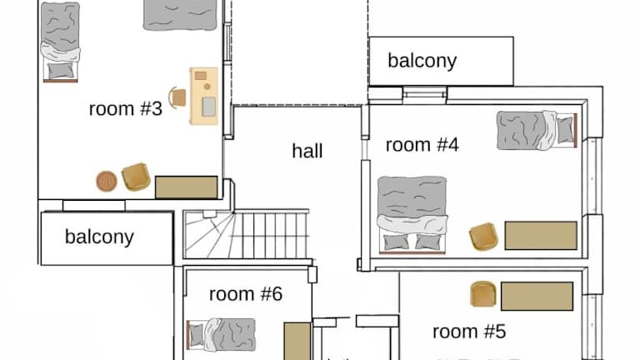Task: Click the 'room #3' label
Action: pos(125,108)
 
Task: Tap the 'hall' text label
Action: pos(307,151)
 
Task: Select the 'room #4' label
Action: pos(422,145)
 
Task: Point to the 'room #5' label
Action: pos(469,332)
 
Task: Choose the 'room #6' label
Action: pos(246,294)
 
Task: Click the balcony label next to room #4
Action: pos(422,61)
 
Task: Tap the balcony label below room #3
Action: pos(99,237)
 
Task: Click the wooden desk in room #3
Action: pos(204,96)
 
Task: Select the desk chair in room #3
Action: pos(177,97)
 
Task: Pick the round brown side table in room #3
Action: pos(107,181)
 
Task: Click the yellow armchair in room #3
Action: pos(136,177)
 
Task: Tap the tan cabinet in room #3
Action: pos(186,187)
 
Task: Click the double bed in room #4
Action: pos(412,215)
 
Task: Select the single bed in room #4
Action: pos(537,130)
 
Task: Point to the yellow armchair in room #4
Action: pos(483,236)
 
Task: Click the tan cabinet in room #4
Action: pos(541,236)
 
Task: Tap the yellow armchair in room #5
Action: pos(483,294)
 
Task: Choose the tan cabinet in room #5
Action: pos(537,296)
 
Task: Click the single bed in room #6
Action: pos(221,335)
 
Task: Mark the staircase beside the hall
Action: pos(246,234)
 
